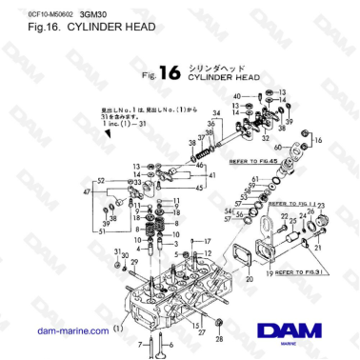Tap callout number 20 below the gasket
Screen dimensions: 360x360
pos(249,280)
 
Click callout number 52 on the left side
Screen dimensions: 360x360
pos(101,180)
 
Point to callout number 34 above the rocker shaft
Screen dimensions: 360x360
pos(216,114)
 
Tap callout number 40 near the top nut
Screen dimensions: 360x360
pos(235,97)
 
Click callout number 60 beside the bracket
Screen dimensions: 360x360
pos(278,148)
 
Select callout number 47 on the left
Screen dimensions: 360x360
pos(88,193)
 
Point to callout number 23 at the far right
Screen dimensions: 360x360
pos(323,206)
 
